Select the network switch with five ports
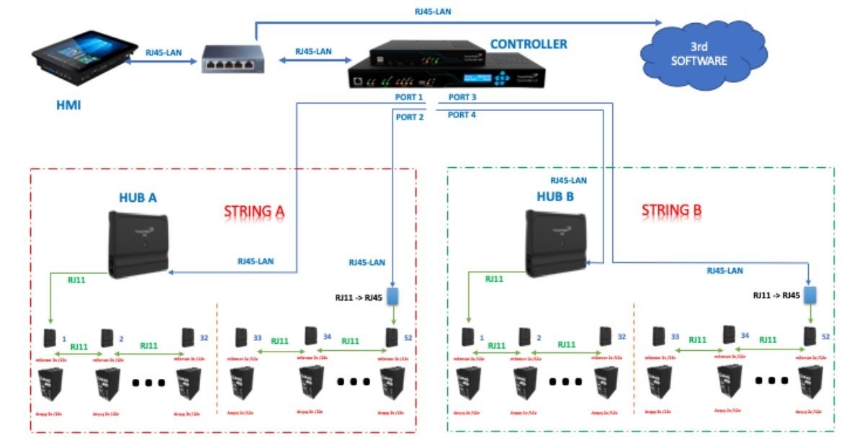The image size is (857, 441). (x=232, y=59)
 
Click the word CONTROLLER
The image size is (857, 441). (x=528, y=44)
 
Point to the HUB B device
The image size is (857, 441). (x=555, y=243)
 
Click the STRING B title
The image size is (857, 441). (x=670, y=211)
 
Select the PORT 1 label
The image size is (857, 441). (x=409, y=97)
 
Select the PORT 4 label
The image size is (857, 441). (x=462, y=115)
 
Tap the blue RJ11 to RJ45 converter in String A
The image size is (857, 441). (x=392, y=296)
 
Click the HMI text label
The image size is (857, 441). (x=68, y=106)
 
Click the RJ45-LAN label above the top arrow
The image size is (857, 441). (x=433, y=12)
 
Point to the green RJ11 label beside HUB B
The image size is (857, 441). (x=493, y=279)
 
